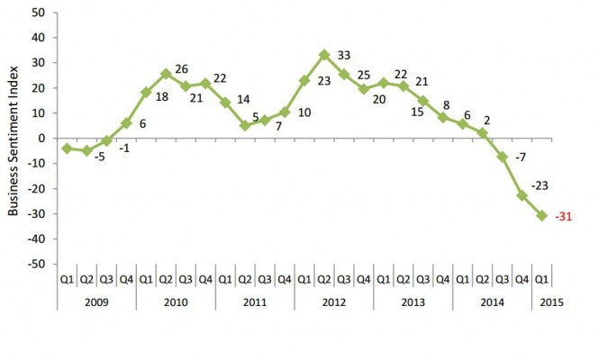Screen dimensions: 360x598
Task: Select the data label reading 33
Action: pyautogui.click(x=343, y=55)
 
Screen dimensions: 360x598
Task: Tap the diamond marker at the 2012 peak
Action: pyautogui.click(x=323, y=55)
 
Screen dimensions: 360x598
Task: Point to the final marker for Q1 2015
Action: pyautogui.click(x=541, y=215)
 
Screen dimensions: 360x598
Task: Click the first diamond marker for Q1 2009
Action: pyautogui.click(x=68, y=148)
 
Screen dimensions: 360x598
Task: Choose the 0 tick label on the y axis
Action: pyautogui.click(x=41, y=138)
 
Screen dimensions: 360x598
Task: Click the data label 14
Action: pyautogui.click(x=243, y=102)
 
